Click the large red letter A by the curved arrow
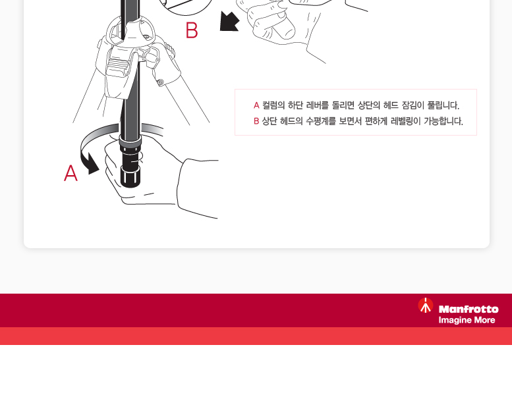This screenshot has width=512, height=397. tap(71, 172)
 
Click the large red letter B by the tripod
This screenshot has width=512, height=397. tap(192, 30)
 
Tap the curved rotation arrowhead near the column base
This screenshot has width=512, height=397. tap(93, 165)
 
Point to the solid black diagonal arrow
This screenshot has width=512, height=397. tap(229, 22)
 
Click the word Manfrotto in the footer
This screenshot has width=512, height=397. tap(469, 309)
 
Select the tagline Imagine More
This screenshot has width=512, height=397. tap(467, 320)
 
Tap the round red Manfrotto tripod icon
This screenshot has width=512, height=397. tap(426, 305)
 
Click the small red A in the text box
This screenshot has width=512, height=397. tap(256, 105)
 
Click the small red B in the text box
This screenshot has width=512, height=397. tap(256, 121)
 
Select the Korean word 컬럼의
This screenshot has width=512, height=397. tap(273, 105)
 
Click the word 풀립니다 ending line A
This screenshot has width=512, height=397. tap(443, 105)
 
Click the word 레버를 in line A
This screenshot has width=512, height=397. tap(318, 105)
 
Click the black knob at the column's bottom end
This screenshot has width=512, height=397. tap(130, 176)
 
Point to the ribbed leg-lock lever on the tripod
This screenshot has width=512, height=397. tap(116, 66)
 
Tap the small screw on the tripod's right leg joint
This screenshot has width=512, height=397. tap(160, 82)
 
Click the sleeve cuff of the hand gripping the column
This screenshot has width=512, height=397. tap(198, 188)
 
